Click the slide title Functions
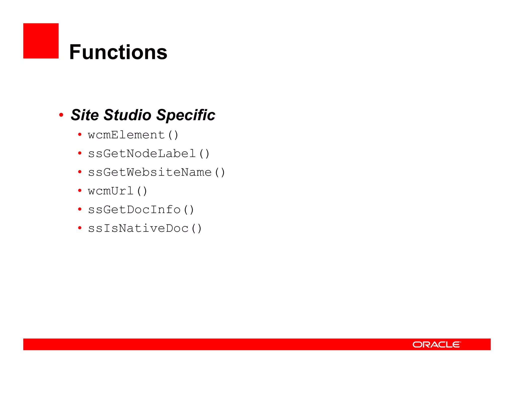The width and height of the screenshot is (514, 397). pos(118,52)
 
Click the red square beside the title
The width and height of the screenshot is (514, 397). pos(41,41)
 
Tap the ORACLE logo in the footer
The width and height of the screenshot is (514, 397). pos(436,344)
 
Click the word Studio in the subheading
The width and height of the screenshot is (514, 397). pos(127,115)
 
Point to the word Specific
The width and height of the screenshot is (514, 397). pos(186,115)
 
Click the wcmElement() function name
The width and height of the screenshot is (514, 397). pos(133,135)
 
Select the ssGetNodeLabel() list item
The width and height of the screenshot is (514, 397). pos(149,154)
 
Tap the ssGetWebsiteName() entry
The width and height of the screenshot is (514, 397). pos(156,172)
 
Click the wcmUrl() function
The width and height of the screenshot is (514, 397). pos(117,191)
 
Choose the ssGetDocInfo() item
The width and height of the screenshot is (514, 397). pos(141,210)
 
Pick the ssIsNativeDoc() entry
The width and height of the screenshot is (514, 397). pos(145,228)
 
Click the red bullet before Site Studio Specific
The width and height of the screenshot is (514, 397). pos(61,115)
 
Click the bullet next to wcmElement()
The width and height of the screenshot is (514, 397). pos(80,135)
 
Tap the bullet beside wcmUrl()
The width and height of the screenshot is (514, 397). pos(80,190)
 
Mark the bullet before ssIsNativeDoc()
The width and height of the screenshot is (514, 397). pos(80,228)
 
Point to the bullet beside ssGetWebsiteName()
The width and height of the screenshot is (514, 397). pos(80,172)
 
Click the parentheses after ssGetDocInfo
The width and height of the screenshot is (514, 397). pos(188,210)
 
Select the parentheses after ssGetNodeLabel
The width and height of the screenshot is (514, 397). pos(204,154)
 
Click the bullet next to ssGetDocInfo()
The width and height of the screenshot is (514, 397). pos(80,209)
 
